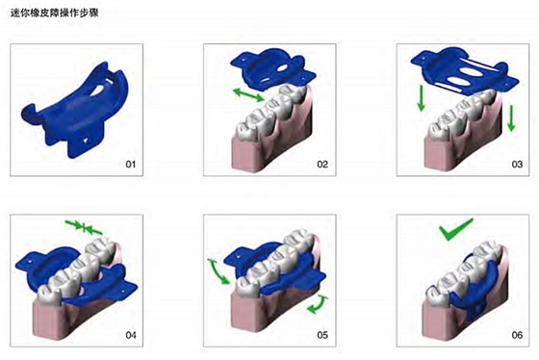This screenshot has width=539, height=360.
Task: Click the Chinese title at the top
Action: (x=55, y=13)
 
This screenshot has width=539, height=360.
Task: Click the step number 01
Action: (x=131, y=165)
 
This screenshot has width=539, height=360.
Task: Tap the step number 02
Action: (x=322, y=165)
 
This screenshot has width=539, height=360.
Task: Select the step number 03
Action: (x=517, y=165)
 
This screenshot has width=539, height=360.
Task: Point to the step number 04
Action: (x=131, y=335)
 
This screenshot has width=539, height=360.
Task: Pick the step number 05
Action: (x=322, y=335)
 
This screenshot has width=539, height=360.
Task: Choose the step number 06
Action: (x=517, y=335)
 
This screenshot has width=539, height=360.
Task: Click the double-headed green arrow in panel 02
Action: (x=248, y=94)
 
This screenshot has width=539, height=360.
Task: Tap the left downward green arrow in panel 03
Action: (x=421, y=98)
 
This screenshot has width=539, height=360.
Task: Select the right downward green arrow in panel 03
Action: (x=511, y=118)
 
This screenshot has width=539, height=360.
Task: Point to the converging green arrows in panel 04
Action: (x=84, y=227)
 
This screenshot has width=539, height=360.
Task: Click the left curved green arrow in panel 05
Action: (x=218, y=271)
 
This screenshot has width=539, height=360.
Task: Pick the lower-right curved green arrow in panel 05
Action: (x=319, y=305)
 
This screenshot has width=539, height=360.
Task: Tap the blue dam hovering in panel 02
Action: (x=271, y=68)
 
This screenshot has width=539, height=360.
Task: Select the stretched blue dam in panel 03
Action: (x=464, y=71)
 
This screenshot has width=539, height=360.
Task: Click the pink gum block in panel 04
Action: (x=68, y=317)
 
